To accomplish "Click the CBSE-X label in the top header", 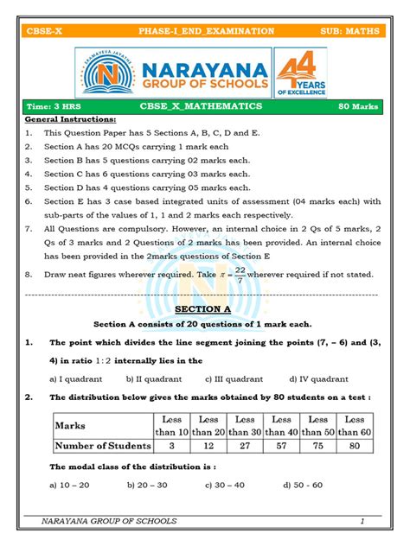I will [x=45, y=31].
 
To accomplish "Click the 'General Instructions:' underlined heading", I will [x=70, y=119].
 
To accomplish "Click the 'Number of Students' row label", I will [x=103, y=446].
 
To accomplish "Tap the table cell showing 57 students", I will [x=281, y=446].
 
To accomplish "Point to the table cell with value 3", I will [x=171, y=446].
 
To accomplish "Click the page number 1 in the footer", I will [x=362, y=521].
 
